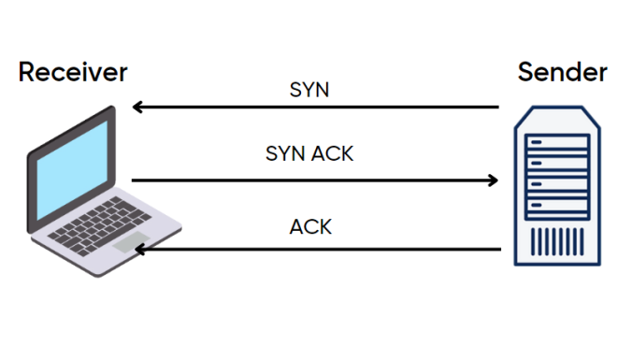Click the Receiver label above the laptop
click(73, 71)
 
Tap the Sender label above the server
click(562, 71)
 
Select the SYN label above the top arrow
click(310, 91)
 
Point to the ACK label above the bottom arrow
click(310, 227)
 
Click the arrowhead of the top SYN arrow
click(137, 108)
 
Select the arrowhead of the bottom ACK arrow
click(137, 250)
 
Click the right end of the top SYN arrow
click(497, 108)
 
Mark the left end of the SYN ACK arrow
click(134, 180)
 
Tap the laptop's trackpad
click(130, 242)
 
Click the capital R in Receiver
click(26, 71)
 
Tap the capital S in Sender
click(524, 71)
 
